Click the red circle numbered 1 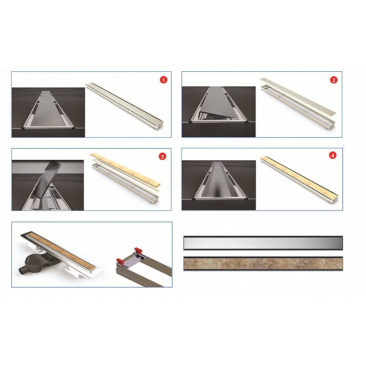point(163,80)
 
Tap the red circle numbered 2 point(333,80)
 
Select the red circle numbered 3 point(162,156)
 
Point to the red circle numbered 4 point(333,156)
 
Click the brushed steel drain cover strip point(263,243)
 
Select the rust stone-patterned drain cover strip point(263,264)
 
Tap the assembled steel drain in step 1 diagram point(125,105)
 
